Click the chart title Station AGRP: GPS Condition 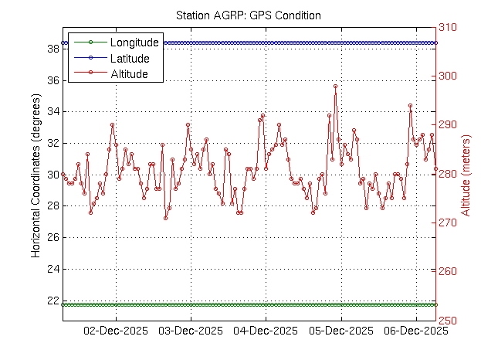pyautogui.click(x=248, y=15)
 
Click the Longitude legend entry pyautogui.click(x=134, y=42)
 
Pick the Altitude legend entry pyautogui.click(x=129, y=74)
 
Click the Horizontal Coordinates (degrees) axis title pyautogui.click(x=36, y=174)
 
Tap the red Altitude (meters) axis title pyautogui.click(x=466, y=174)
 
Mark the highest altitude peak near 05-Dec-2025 pyautogui.click(x=335, y=87)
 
